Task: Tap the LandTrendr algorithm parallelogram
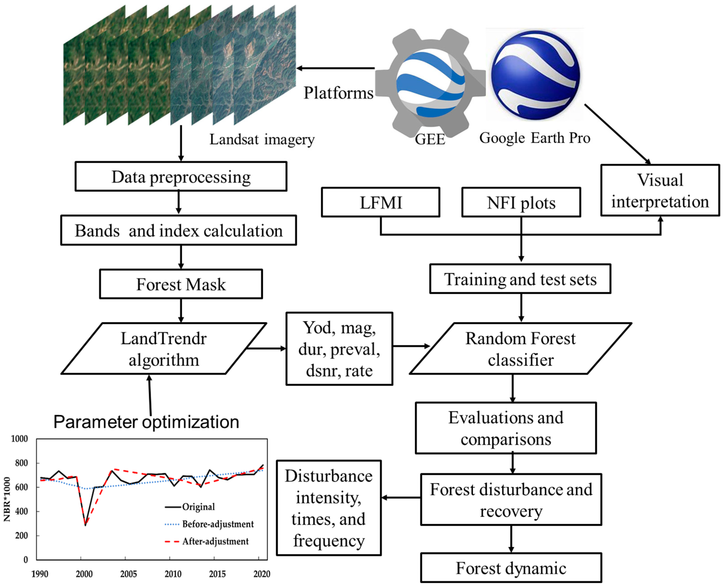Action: [x=163, y=349]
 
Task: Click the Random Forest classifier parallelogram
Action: [x=520, y=349]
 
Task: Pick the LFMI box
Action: [x=380, y=203]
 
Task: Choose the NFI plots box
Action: [x=521, y=203]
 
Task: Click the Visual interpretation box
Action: [x=660, y=190]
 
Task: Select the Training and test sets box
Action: [x=520, y=279]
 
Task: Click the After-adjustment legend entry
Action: [x=215, y=541]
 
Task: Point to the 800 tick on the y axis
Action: [x=21, y=463]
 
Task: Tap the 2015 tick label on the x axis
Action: [x=217, y=574]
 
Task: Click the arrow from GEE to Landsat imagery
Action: [x=336, y=68]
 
